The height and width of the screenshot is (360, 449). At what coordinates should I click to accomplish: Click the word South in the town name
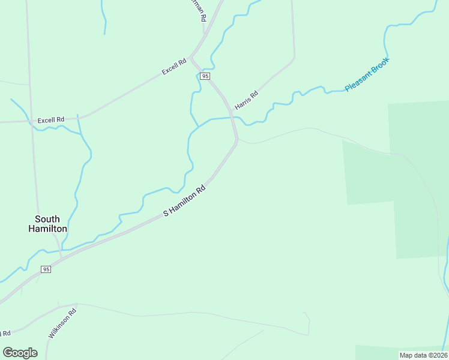[47, 219]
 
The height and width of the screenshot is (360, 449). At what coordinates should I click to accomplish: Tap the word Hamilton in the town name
[47, 229]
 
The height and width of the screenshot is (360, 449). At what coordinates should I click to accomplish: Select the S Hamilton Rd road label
[186, 201]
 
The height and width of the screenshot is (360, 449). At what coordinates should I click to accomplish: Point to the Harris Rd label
[246, 100]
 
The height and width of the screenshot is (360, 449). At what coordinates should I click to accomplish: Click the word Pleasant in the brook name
[358, 82]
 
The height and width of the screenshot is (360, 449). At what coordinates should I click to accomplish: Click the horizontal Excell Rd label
[50, 120]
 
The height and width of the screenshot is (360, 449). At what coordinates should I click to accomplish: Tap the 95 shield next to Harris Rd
[205, 76]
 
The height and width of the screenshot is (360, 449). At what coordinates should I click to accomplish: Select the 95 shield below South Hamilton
[46, 269]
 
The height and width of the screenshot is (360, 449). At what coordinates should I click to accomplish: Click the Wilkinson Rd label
[62, 322]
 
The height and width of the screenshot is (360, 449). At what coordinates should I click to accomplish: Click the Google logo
[20, 353]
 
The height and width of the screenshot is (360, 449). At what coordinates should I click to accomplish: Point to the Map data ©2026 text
[423, 355]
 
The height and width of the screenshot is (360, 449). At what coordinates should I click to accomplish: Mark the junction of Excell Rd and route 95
[190, 58]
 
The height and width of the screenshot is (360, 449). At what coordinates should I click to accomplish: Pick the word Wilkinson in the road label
[60, 325]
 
